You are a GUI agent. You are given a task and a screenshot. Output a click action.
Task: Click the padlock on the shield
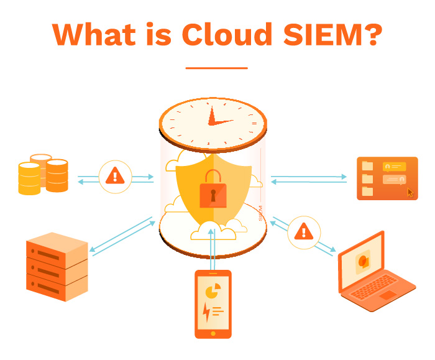click(x=213, y=190)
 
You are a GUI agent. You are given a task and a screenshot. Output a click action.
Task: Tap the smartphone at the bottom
click(x=213, y=303)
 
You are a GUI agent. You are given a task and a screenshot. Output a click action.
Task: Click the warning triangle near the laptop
click(x=304, y=231)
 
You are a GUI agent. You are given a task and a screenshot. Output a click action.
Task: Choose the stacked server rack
click(x=56, y=266)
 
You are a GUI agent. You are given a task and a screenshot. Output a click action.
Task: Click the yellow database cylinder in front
click(x=29, y=178)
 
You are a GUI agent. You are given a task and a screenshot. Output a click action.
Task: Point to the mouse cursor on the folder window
click(x=410, y=192)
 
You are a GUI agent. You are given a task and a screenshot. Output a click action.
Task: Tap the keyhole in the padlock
click(x=213, y=195)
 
